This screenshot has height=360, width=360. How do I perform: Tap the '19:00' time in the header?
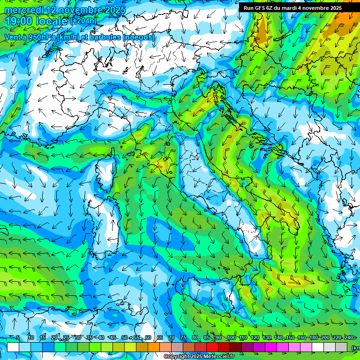(19, 21)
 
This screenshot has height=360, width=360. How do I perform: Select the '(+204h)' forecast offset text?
(83, 21)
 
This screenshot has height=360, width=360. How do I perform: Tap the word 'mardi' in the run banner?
(296, 8)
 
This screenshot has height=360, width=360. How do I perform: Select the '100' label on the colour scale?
(232, 338)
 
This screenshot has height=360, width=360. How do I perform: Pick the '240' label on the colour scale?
(349, 338)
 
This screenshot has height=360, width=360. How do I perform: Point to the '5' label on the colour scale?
(18, 338)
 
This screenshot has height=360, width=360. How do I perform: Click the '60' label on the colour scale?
(148, 338)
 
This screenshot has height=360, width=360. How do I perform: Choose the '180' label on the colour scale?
(313, 338)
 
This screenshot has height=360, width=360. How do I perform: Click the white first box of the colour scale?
(13, 347)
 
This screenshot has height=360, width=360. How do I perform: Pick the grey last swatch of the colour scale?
(341, 347)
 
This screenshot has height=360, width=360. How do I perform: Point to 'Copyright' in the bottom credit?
(177, 357)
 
